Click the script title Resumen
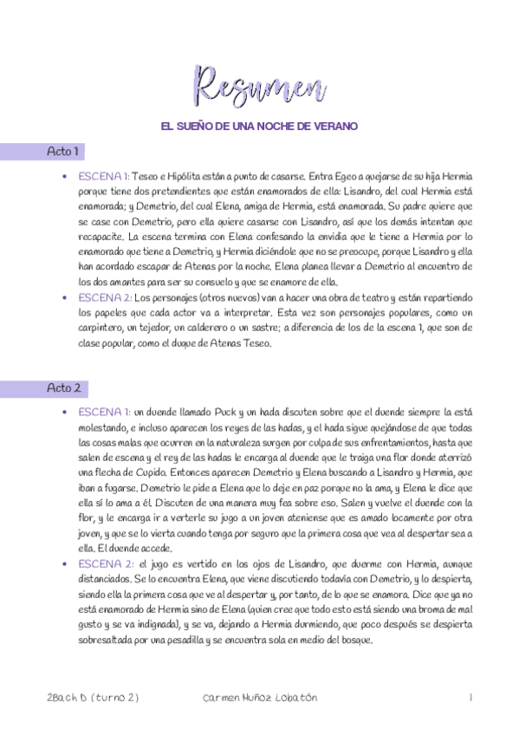[259, 86]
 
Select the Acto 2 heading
[63, 388]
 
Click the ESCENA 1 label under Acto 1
[102, 175]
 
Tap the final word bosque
[356, 641]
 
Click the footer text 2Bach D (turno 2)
[94, 698]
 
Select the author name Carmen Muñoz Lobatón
[259, 698]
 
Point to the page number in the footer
[469, 698]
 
